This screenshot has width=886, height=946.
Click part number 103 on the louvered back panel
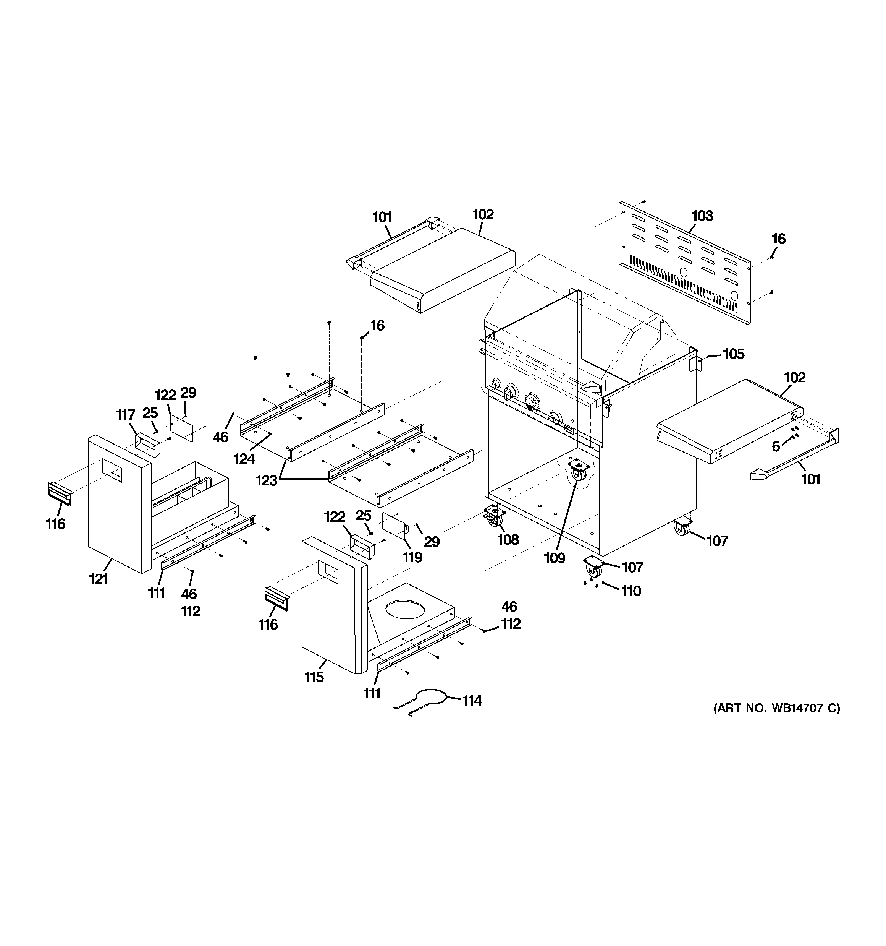click(x=702, y=216)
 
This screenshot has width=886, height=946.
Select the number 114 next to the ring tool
click(x=472, y=701)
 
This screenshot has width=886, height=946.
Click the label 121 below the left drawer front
click(x=99, y=579)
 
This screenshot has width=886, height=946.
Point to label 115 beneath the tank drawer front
click(x=314, y=677)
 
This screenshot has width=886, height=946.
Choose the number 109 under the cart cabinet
click(x=555, y=558)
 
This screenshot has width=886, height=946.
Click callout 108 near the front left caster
click(x=508, y=539)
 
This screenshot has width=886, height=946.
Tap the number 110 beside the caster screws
click(x=631, y=591)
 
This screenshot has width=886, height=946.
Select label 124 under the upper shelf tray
click(x=244, y=459)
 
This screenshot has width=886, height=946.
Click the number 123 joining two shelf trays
click(x=266, y=480)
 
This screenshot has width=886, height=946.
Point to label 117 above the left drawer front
click(x=126, y=415)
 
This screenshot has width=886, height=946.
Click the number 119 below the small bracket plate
click(x=412, y=557)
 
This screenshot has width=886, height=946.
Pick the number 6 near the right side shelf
click(x=776, y=446)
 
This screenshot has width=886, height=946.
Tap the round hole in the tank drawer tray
click(x=405, y=609)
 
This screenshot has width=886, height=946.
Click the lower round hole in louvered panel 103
click(x=734, y=295)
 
